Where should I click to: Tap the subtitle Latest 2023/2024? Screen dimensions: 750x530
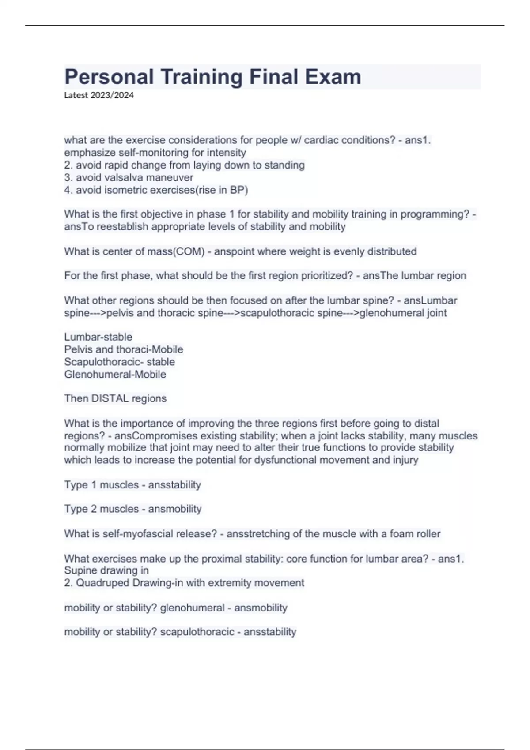coord(99,95)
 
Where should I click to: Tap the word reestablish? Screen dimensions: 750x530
coord(124,227)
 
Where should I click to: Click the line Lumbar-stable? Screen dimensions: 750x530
coord(98,337)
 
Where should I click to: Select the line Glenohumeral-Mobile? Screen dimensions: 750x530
coord(115,375)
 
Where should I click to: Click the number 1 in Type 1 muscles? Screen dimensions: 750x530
coord(94,485)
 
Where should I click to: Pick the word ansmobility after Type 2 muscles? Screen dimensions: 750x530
coord(175,509)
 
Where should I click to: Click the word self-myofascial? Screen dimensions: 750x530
coord(138,534)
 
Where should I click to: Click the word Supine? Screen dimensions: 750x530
coord(81,570)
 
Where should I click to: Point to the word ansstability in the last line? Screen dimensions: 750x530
coord(270,632)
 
